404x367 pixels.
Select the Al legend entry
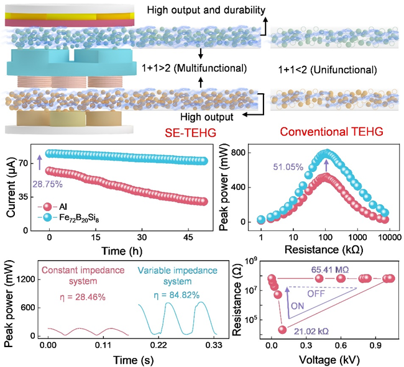[60, 204]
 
